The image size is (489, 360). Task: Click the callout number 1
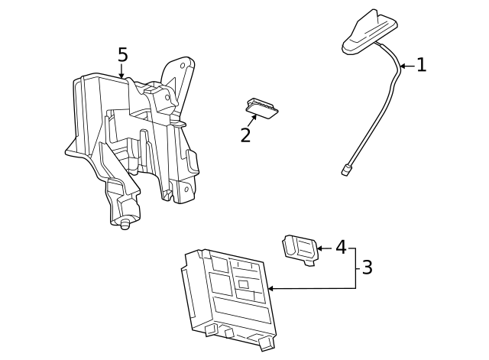pos(421,65)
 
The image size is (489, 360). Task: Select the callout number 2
pos(245,135)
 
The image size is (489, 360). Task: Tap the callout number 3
pos(367,268)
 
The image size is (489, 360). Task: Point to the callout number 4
pos(341,247)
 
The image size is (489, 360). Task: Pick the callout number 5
pos(122,55)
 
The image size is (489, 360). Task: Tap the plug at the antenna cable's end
pos(346,170)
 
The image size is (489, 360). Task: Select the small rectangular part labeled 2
pos(262,109)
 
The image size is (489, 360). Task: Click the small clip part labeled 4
pos(301,248)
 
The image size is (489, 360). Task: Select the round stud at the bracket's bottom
pos(125,223)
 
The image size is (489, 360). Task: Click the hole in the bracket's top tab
pos(183,66)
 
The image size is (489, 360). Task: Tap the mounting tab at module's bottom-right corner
pos(266,343)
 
